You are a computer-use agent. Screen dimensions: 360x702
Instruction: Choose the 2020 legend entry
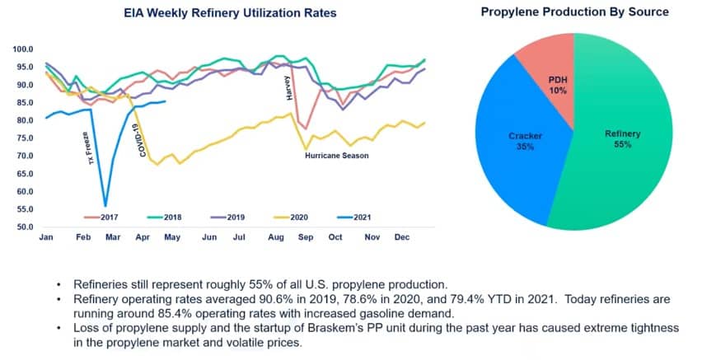(294, 217)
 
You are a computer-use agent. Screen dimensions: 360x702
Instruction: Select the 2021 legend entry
(356, 217)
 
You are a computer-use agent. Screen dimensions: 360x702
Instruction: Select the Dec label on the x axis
(402, 236)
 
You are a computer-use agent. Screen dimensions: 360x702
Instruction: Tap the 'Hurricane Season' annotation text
(336, 155)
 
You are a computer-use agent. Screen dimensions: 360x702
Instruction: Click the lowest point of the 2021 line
(105, 206)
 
